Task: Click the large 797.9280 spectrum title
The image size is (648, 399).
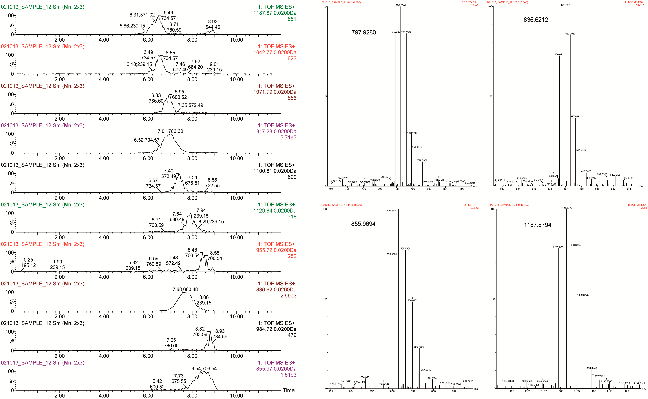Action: click(x=364, y=32)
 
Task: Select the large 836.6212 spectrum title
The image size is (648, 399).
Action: click(x=536, y=20)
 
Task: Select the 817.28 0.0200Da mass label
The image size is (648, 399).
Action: click(x=276, y=131)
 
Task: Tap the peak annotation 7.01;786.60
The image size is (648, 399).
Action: click(x=170, y=131)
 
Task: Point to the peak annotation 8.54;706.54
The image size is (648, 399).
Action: click(x=204, y=368)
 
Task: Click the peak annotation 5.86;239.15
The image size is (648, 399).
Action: click(x=132, y=26)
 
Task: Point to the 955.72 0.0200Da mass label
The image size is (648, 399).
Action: click(x=276, y=250)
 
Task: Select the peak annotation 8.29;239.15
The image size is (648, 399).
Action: click(x=211, y=222)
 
